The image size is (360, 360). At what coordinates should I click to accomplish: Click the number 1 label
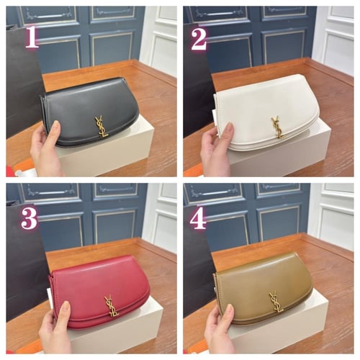pyautogui.click(x=32, y=37)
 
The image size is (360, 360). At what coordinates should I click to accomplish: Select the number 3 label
pyautogui.click(x=30, y=218)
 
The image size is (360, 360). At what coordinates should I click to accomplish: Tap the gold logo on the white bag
pyautogui.click(x=278, y=127)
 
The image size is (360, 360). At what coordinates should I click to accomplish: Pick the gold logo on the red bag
pyautogui.click(x=112, y=305)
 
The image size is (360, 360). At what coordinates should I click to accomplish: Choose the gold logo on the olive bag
pyautogui.click(x=276, y=302)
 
